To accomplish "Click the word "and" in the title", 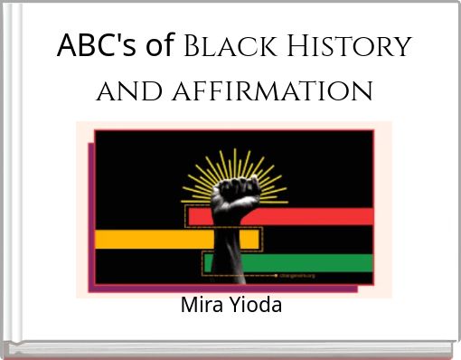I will (x=124, y=90).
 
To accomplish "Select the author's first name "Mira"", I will (x=200, y=305).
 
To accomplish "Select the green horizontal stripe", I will (x=298, y=262).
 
